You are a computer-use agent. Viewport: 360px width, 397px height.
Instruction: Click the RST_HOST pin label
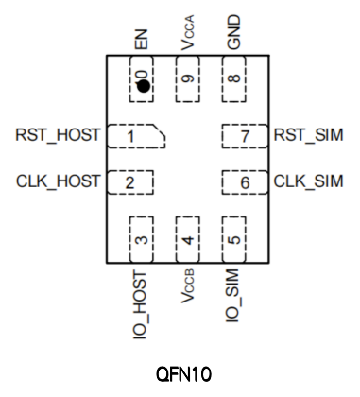click(x=58, y=135)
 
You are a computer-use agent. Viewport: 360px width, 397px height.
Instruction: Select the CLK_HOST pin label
click(x=59, y=181)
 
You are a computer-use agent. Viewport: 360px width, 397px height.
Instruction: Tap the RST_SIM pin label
click(x=308, y=135)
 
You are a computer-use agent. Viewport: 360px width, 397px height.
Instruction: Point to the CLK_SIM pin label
click(x=308, y=181)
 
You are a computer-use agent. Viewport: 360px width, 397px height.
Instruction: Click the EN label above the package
click(x=141, y=40)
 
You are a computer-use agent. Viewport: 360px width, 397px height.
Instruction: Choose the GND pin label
click(x=233, y=32)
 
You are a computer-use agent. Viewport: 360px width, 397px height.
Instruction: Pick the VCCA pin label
click(x=188, y=32)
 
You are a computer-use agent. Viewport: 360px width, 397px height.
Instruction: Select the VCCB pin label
click(x=188, y=286)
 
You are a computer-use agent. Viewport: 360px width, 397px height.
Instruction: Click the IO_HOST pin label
click(x=141, y=304)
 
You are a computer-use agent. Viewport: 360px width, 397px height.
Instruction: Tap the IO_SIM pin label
click(x=232, y=296)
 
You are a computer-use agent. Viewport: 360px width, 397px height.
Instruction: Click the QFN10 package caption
click(x=184, y=374)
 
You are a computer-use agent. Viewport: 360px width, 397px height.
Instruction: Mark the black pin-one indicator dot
click(x=144, y=86)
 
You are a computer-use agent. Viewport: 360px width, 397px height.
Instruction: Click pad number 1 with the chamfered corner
click(x=136, y=136)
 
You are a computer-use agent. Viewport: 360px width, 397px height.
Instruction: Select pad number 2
click(x=130, y=182)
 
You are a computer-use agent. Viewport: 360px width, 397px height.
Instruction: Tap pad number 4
click(x=188, y=239)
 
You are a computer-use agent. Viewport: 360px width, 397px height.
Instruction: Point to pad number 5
click(x=234, y=239)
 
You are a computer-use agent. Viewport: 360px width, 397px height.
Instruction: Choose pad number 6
click(x=245, y=182)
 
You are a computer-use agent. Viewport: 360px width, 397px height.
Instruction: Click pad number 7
click(x=245, y=136)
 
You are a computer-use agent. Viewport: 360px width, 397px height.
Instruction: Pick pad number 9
click(x=188, y=78)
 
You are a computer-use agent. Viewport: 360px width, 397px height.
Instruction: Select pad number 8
click(x=234, y=78)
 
